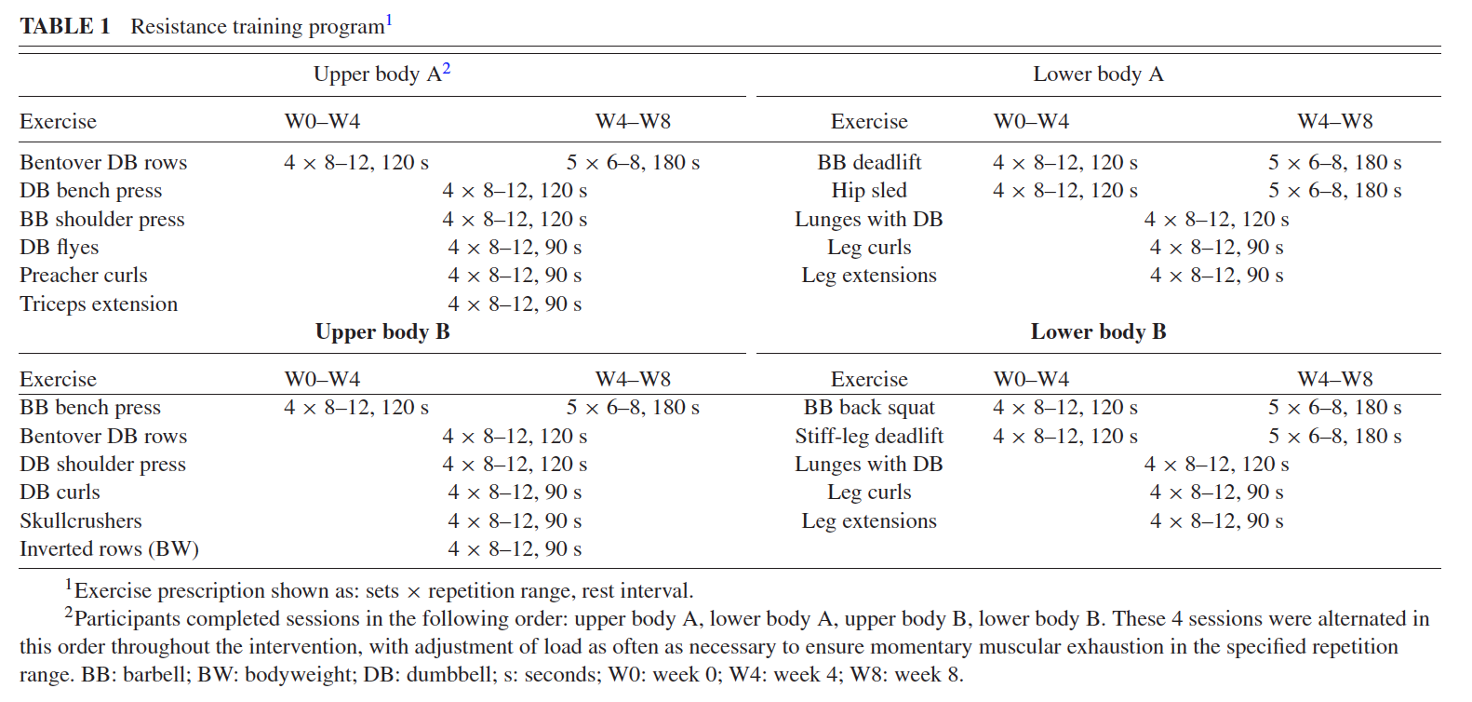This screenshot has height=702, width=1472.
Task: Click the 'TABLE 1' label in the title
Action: pos(65,26)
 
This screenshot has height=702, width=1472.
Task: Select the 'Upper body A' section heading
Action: pos(377,74)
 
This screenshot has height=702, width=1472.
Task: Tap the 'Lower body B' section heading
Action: pos(1098,332)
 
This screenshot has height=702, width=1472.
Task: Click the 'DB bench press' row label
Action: pos(91,191)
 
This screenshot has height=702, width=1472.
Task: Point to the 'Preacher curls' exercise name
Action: pos(84,276)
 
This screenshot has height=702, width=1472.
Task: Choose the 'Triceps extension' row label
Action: pos(99,304)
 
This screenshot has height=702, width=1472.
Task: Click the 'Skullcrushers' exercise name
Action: pos(81,521)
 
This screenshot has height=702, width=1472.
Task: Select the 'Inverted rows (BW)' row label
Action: pos(110,549)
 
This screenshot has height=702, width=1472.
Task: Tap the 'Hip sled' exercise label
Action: pos(869,191)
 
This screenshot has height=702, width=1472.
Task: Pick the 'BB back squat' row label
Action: pos(869,408)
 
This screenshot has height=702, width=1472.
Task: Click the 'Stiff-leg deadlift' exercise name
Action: pos(869,437)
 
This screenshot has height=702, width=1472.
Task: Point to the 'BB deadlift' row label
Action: pos(869,163)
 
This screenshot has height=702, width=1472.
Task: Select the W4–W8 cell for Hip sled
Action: pos(1334,191)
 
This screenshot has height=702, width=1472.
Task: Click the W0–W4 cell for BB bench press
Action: pos(356,408)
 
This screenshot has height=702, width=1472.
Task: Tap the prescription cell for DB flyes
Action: pos(515,248)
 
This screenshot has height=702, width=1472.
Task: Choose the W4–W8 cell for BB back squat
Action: pos(1334,408)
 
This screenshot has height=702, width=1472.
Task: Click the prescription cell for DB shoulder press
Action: pos(515,465)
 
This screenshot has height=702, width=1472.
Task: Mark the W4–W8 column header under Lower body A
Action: pos(1334,122)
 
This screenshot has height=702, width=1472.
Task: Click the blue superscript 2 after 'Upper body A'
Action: pos(447,69)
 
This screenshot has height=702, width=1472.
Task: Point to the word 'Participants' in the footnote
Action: pos(127,619)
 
